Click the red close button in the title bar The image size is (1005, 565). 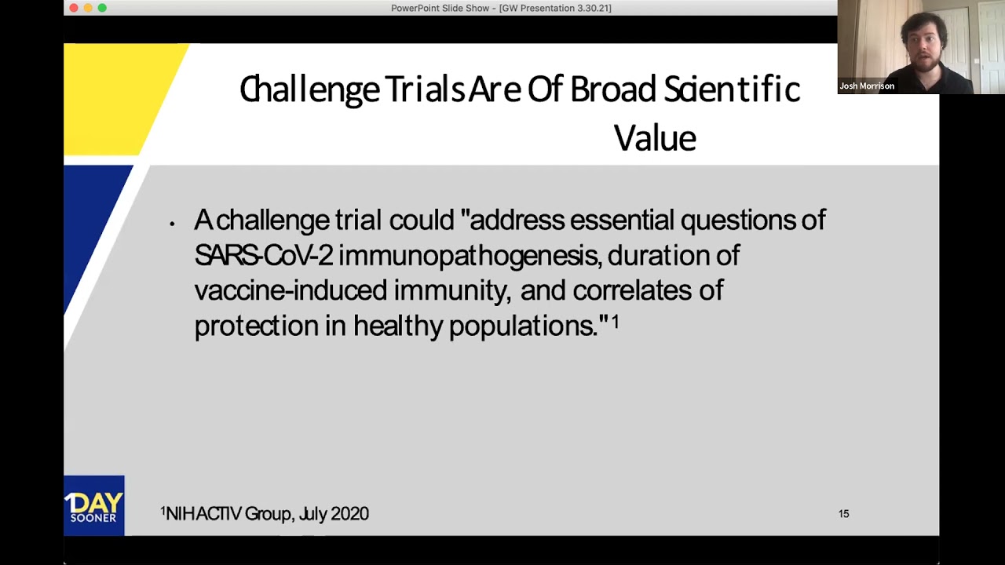point(74,8)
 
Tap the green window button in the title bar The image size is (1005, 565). point(102,8)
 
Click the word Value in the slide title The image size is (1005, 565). point(655,138)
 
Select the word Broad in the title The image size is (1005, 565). point(612,89)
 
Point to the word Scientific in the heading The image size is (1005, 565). point(732,89)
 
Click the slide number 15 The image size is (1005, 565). point(843,514)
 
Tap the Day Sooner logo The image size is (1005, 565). point(94,506)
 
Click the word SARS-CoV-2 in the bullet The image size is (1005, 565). point(264,256)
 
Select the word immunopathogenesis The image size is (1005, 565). point(470,256)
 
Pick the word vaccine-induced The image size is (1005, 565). point(291,290)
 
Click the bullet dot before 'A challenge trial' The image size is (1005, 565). point(172,224)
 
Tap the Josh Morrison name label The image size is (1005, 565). point(867,86)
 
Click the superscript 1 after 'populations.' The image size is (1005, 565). point(616,321)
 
